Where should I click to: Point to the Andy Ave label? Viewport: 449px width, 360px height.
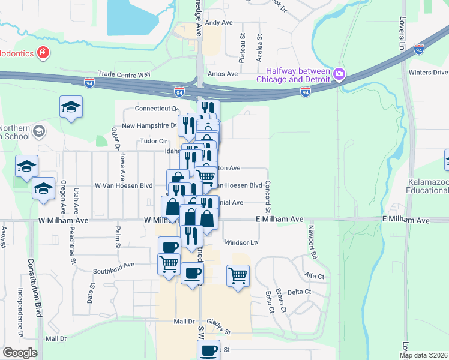pos(218,23)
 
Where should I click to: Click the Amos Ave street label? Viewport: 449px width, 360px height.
pos(222,74)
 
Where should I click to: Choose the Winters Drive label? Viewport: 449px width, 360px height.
pos(427,73)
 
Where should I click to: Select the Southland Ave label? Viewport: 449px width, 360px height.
pos(130,265)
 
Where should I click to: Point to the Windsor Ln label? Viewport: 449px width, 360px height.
pos(241,242)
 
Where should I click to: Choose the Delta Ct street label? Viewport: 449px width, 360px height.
pos(300,292)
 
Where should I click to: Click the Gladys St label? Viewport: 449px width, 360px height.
pos(218,326)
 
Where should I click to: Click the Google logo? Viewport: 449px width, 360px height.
pos(20,353)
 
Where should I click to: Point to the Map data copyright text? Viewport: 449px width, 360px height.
pos(423,355)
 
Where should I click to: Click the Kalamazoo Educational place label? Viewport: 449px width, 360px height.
pos(427,186)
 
